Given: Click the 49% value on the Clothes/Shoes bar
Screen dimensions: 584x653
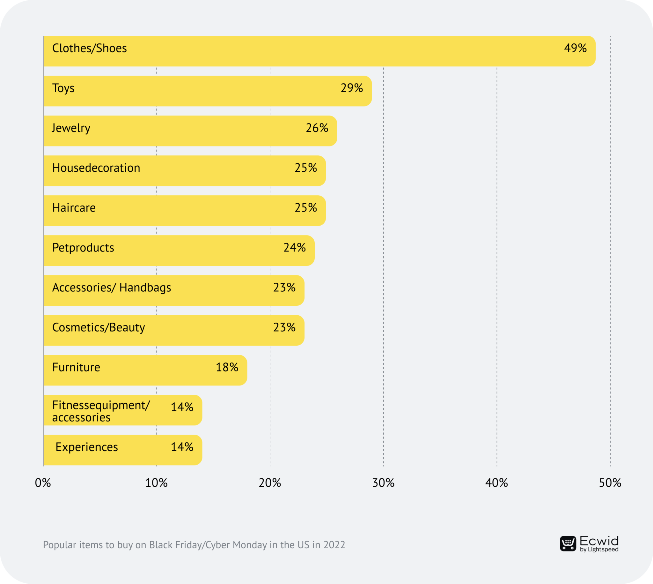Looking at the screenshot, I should (575, 48).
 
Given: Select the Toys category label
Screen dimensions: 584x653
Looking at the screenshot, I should (63, 88).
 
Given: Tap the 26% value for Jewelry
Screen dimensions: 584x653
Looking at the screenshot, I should (317, 128).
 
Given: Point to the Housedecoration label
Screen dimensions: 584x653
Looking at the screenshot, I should (96, 168).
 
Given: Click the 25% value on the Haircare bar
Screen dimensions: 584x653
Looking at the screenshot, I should (305, 208).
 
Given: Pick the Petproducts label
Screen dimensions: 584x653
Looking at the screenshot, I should (83, 247).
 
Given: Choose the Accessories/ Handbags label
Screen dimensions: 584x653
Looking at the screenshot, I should (112, 288).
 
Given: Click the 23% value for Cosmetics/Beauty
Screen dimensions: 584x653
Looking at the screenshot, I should (284, 327).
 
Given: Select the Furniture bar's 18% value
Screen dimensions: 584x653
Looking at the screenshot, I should (227, 367).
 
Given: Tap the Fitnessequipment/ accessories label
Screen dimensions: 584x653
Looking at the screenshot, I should (101, 411).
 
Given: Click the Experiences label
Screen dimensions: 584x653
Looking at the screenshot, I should (86, 447).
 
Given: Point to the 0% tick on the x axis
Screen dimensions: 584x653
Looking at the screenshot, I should (43, 483).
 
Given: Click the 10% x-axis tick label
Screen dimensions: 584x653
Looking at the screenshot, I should (156, 483).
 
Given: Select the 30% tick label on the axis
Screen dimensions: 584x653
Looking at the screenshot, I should (383, 483).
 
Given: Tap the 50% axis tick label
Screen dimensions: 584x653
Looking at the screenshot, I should (610, 483).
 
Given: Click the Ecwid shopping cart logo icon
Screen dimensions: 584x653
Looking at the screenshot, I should (568, 543).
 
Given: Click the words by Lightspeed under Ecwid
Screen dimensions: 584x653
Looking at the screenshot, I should (599, 550).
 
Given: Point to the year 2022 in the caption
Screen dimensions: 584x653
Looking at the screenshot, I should (334, 545).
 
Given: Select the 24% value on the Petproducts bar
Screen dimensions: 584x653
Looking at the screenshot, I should (294, 247).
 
